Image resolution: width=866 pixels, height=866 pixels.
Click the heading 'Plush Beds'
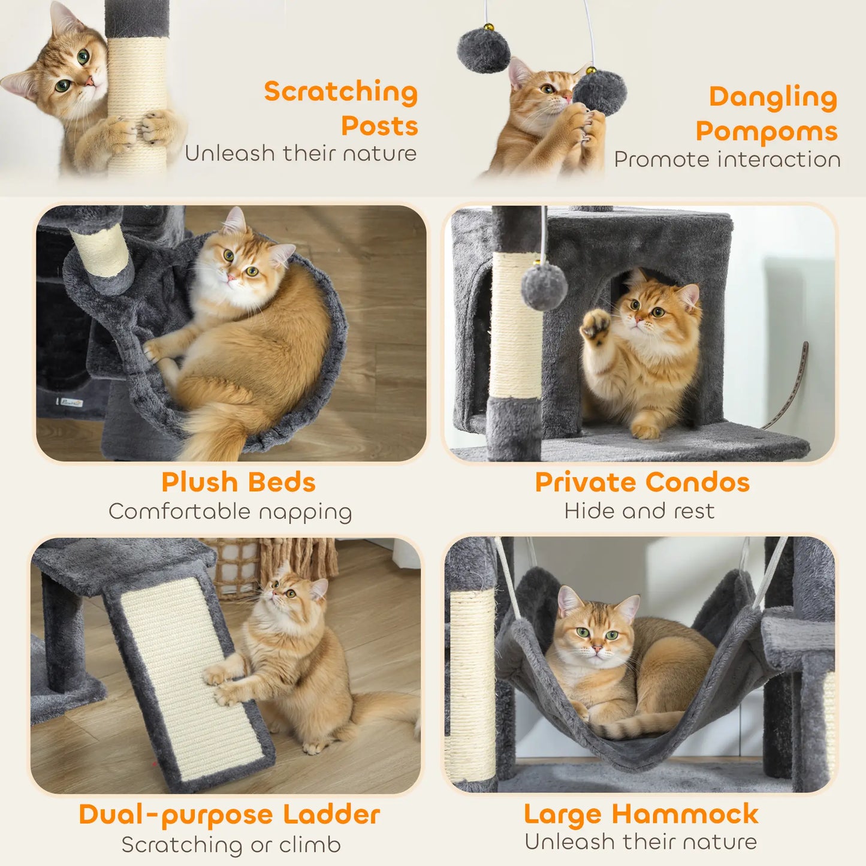(238, 482)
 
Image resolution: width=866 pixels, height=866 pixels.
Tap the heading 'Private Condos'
(642, 482)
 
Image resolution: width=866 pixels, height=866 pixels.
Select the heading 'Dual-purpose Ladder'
(229, 814)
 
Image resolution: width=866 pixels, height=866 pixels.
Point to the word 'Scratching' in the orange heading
(340, 92)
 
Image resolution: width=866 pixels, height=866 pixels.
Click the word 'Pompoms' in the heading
(766, 131)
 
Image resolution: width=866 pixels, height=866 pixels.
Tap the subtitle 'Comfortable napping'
(230, 512)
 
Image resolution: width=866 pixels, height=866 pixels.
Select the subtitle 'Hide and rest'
(639, 511)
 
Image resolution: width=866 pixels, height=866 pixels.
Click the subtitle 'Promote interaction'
(727, 159)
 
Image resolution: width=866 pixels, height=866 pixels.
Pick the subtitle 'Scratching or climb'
(231, 844)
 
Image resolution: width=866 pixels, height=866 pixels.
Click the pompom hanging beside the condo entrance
(544, 286)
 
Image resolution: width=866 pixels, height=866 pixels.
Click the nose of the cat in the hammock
(597, 648)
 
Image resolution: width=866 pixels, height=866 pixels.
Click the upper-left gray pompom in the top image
(483, 50)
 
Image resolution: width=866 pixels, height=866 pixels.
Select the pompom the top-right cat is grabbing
(600, 93)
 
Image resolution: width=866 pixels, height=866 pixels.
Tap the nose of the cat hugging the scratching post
(88, 81)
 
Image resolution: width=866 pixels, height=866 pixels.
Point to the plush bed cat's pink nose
(231, 277)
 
